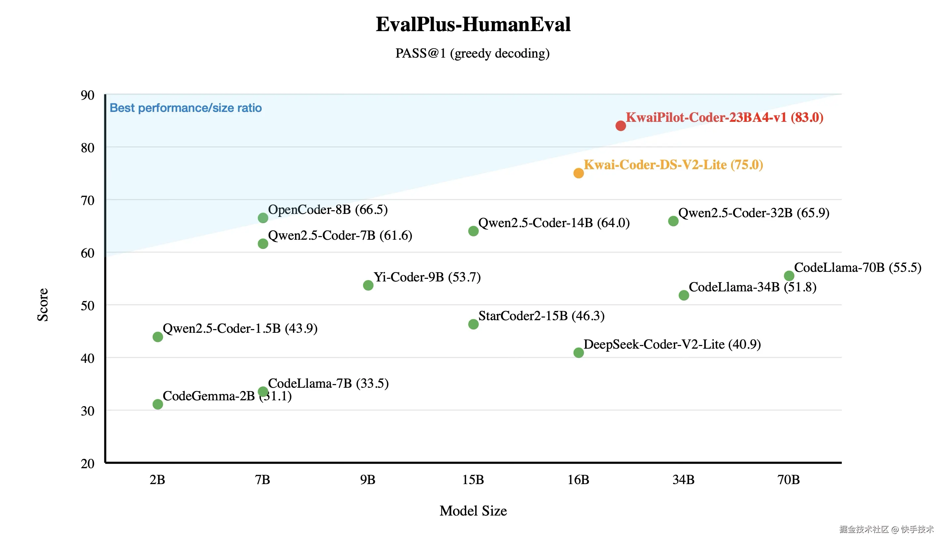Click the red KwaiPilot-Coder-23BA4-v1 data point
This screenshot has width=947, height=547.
click(x=621, y=126)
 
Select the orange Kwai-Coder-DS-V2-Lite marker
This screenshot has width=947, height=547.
click(x=578, y=173)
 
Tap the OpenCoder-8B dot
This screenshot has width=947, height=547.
click(x=263, y=218)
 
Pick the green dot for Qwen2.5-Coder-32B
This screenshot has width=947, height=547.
click(x=673, y=221)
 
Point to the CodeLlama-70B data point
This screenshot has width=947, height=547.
click(x=789, y=276)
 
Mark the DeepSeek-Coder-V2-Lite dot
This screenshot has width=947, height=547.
click(x=578, y=353)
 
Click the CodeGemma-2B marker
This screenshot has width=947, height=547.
click(x=158, y=404)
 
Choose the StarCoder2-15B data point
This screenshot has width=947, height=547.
click(x=473, y=324)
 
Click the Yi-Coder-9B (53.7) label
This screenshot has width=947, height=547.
click(x=427, y=277)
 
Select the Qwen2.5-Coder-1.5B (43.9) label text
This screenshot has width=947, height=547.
click(x=240, y=329)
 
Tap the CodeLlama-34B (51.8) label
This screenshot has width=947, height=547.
click(x=752, y=287)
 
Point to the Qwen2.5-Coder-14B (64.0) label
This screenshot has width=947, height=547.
click(x=554, y=223)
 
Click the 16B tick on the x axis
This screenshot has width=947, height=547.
click(x=578, y=480)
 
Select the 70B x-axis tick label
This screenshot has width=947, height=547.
click(x=788, y=480)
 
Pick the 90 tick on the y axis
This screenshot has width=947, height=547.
click(x=87, y=95)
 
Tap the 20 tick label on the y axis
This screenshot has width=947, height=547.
click(x=87, y=464)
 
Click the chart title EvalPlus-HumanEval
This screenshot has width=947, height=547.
click(x=473, y=25)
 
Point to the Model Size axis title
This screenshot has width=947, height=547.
click(x=473, y=511)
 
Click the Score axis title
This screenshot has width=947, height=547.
click(x=43, y=305)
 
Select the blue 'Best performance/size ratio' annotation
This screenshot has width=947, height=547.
click(x=185, y=108)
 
